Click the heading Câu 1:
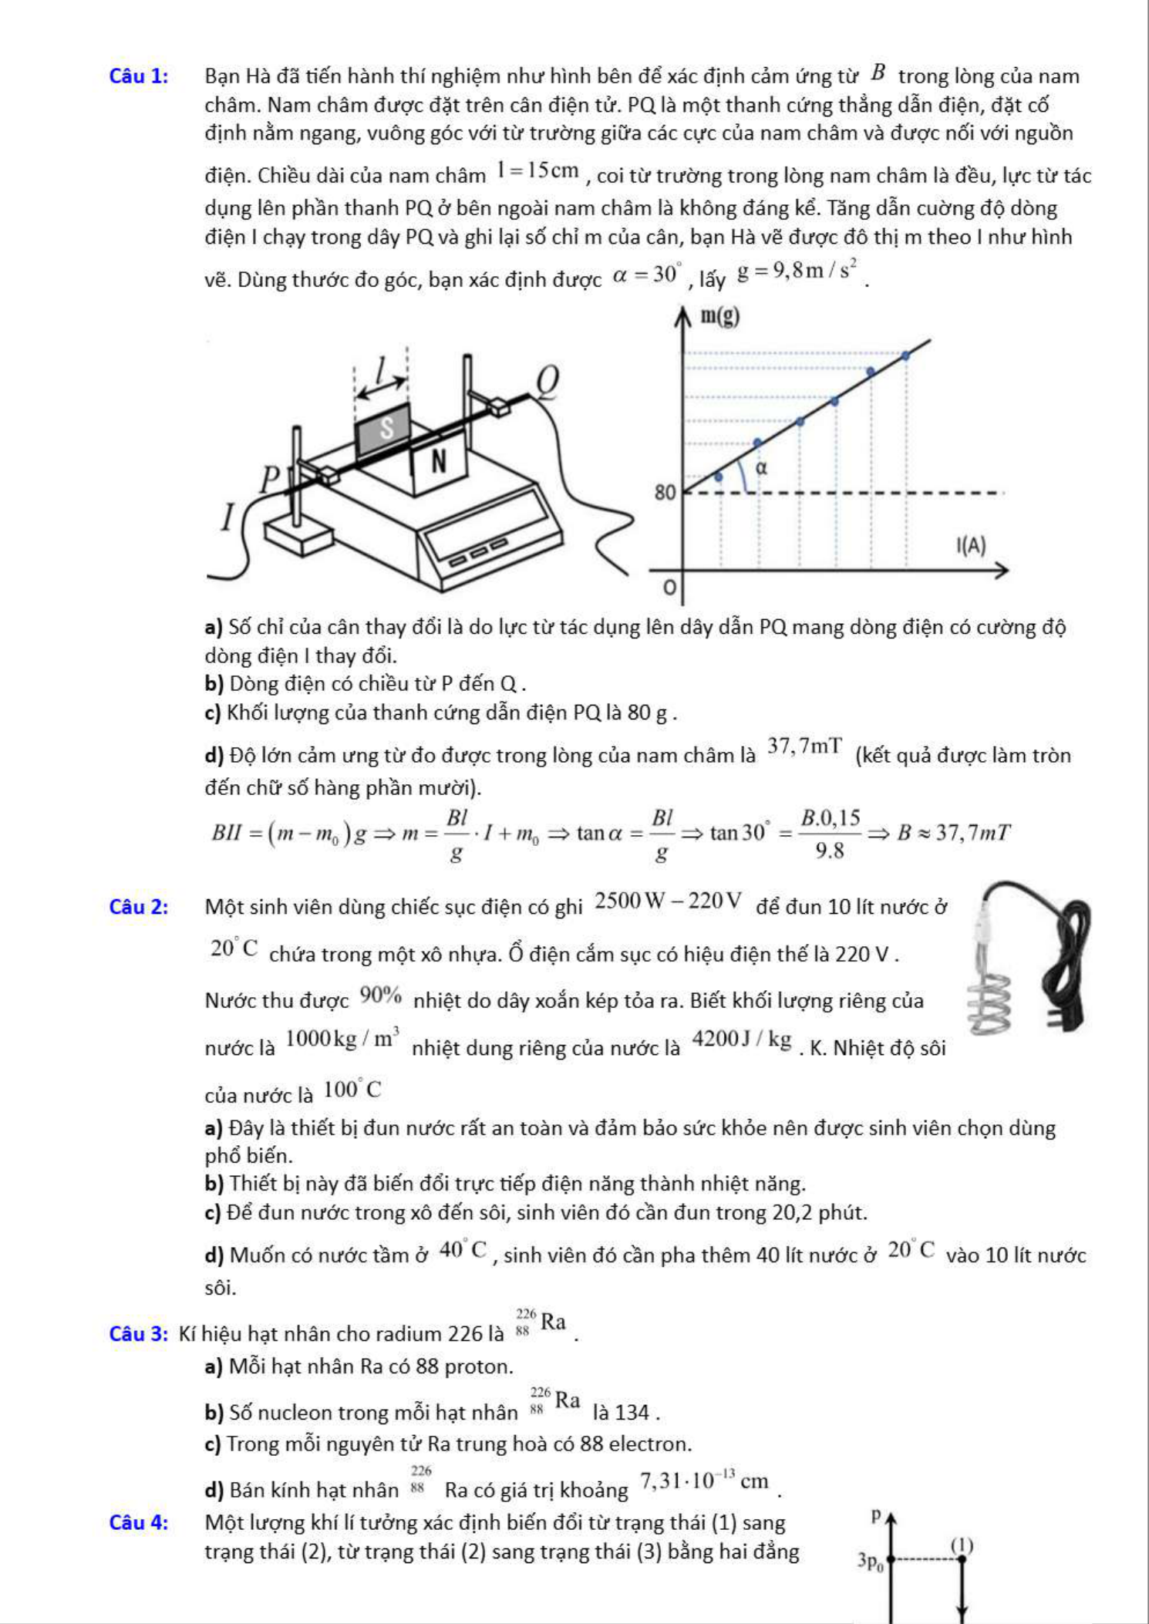pyautogui.click(x=139, y=76)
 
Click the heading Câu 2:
pyautogui.click(x=139, y=907)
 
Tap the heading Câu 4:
pyautogui.click(x=139, y=1522)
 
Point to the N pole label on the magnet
pyautogui.click(x=439, y=461)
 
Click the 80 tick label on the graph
pyautogui.click(x=665, y=492)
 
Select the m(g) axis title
pyautogui.click(x=719, y=316)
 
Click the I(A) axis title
pyautogui.click(x=971, y=546)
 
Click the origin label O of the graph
pyautogui.click(x=669, y=588)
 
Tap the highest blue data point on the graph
pyautogui.click(x=905, y=356)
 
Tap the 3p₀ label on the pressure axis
pyautogui.click(x=872, y=1562)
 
